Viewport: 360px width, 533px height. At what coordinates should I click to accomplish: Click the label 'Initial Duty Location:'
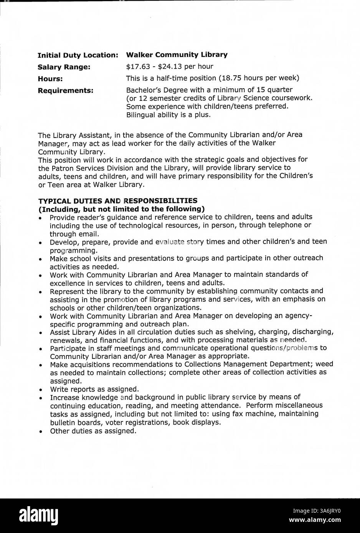click(78, 55)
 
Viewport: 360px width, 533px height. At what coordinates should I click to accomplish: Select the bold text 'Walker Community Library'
click(177, 55)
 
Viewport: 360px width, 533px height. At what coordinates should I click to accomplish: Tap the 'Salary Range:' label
click(64, 67)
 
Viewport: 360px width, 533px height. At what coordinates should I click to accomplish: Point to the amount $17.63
click(137, 66)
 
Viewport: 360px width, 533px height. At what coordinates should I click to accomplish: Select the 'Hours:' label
click(50, 79)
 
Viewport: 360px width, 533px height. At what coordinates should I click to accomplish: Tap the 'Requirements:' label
click(65, 91)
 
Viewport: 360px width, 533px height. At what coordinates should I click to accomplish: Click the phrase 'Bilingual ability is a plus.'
click(168, 115)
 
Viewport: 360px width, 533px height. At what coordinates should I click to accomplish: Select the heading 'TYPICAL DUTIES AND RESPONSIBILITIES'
click(117, 201)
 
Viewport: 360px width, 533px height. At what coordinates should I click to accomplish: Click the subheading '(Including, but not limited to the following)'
click(121, 209)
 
